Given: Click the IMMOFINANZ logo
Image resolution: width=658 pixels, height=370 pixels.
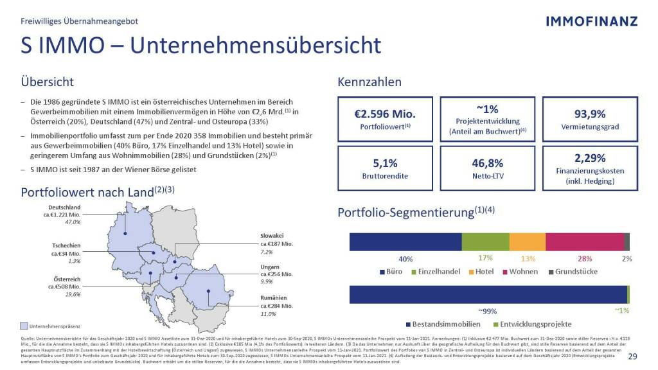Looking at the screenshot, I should (591, 21).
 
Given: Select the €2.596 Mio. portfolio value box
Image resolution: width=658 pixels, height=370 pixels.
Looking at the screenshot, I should (385, 116).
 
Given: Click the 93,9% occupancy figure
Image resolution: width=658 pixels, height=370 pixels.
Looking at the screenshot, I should (589, 114).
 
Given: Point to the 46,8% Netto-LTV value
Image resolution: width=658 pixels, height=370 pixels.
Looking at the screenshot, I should (487, 163).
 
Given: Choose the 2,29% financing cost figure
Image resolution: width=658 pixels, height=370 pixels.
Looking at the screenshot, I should (589, 158).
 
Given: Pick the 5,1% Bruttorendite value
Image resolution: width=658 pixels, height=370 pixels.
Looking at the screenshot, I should (385, 163).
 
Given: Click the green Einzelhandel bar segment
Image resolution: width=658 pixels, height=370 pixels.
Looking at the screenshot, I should (485, 242).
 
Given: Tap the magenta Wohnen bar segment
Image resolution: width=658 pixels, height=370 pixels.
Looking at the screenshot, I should (584, 242).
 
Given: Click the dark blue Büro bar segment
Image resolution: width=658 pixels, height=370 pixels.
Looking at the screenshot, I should (405, 242).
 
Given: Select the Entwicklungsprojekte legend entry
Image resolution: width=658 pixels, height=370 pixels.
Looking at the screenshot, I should (532, 324).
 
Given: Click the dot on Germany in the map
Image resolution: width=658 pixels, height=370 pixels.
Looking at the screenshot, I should (126, 233).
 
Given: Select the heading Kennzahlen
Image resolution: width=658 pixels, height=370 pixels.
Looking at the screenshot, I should (369, 82).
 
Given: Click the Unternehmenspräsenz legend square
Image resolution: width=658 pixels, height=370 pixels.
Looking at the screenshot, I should (24, 326).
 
